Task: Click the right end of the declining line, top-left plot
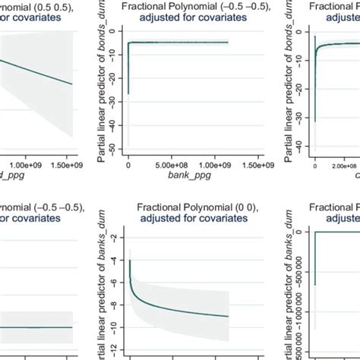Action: coord(72,84)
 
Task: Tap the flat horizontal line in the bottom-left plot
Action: coord(38,327)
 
